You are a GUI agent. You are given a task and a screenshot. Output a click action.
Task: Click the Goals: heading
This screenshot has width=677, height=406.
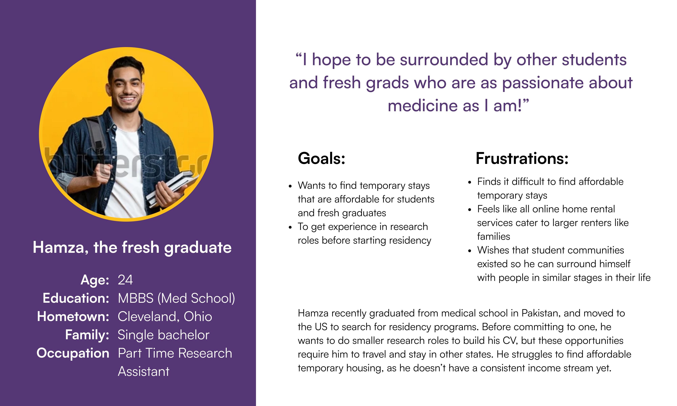321,158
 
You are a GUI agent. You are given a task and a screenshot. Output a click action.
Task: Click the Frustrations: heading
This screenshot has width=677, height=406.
522,158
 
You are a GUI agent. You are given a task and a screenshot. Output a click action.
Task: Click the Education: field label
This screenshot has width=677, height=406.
76,298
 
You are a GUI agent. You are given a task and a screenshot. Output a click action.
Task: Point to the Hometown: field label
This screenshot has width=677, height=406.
73,317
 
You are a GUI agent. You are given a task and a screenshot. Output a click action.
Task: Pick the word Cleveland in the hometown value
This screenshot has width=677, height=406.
148,317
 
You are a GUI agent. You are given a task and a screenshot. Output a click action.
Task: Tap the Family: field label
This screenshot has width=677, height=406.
87,335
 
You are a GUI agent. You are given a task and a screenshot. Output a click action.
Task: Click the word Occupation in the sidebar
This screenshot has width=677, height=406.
73,353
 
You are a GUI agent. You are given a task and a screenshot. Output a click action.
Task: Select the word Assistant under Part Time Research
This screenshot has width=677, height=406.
144,371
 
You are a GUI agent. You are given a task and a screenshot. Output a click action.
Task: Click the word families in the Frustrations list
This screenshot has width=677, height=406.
494,236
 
